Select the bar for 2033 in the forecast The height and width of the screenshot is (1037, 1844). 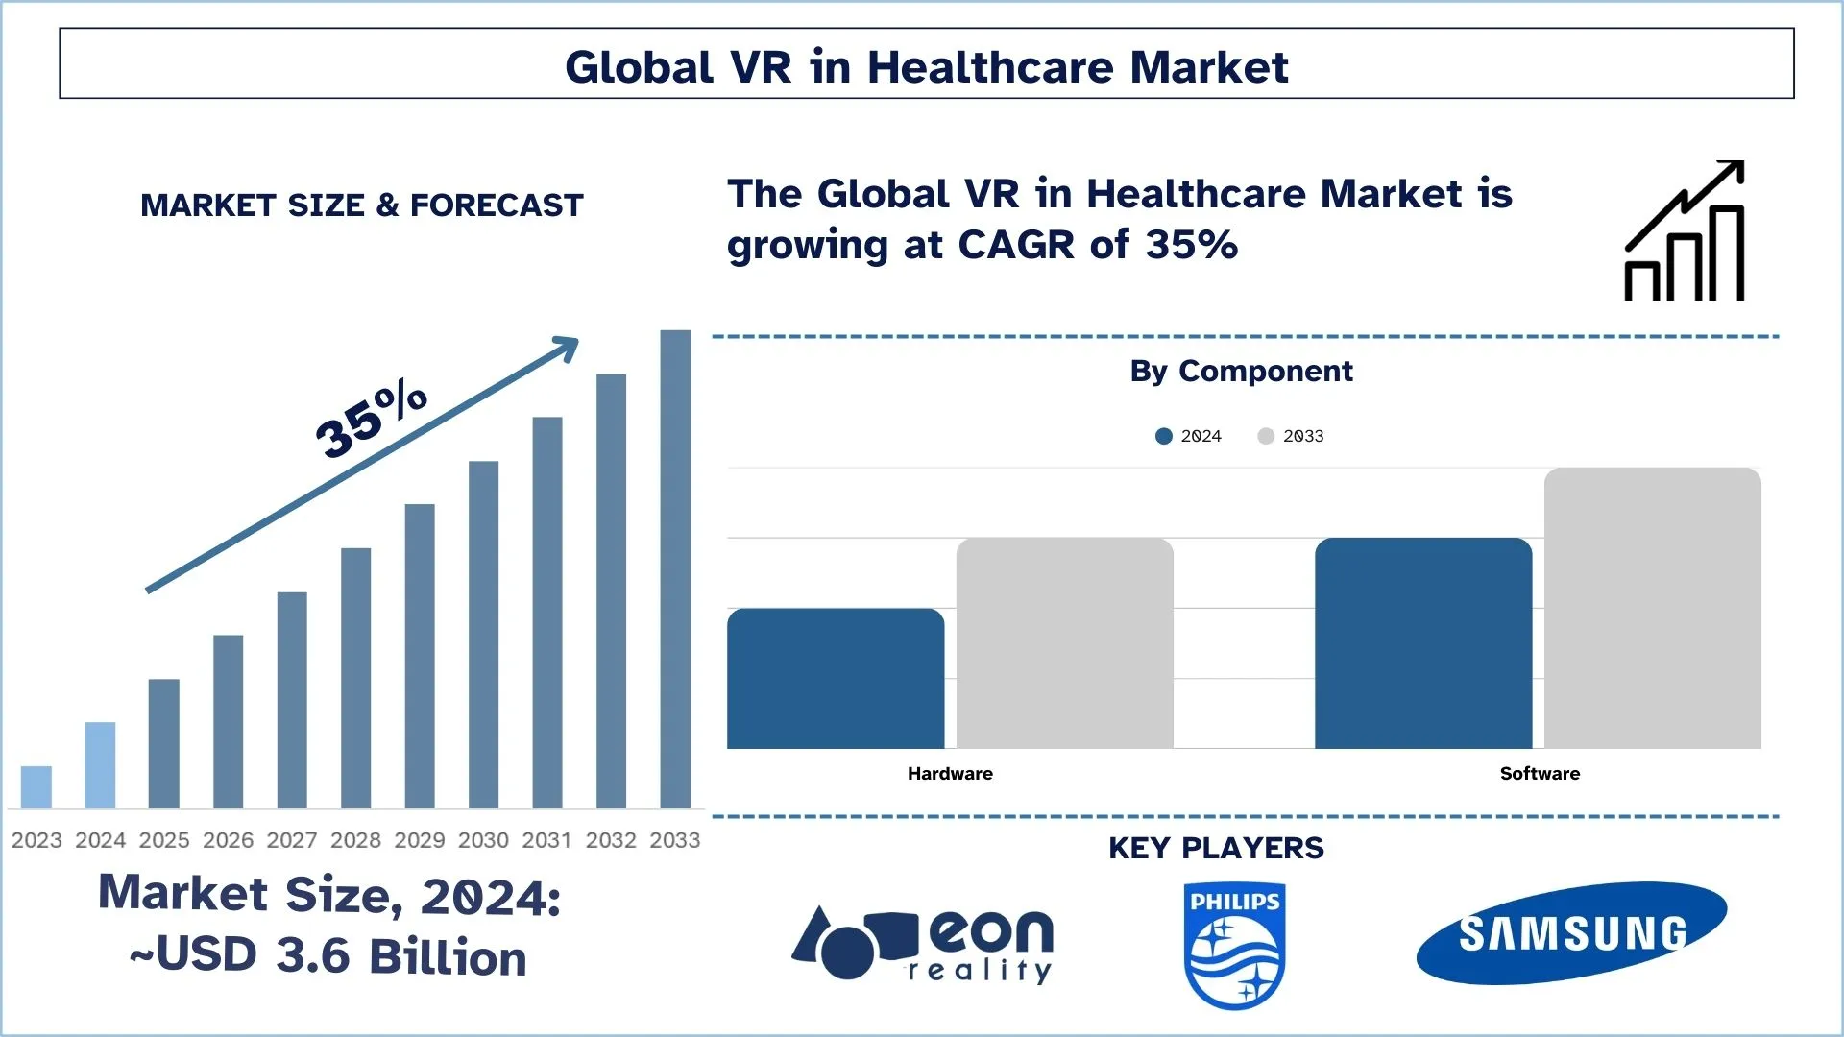coord(675,568)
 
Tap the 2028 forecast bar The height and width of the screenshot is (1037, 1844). coord(355,677)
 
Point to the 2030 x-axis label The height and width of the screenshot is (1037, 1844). coord(483,840)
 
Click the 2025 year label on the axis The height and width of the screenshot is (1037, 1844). coord(164,840)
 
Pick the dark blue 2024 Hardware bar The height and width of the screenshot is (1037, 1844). coord(836,678)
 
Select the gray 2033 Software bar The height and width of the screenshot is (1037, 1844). coord(1652,608)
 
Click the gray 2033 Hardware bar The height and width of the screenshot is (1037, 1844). coord(1064,643)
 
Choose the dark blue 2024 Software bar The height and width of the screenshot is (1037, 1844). coord(1423,643)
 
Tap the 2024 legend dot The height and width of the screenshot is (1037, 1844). coord(1164,436)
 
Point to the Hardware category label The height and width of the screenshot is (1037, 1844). coord(950,773)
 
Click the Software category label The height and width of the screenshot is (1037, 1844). coord(1540,773)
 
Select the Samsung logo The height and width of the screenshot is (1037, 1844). coord(1571,933)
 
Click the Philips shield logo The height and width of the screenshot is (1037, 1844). coord(1234,946)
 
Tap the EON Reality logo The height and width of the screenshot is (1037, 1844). coord(922,944)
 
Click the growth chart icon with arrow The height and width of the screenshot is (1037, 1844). coord(1685,231)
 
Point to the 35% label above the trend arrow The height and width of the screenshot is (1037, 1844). coord(371,420)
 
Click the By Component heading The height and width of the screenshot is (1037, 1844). coord(1241,371)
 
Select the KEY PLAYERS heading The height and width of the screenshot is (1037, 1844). coord(1216,848)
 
